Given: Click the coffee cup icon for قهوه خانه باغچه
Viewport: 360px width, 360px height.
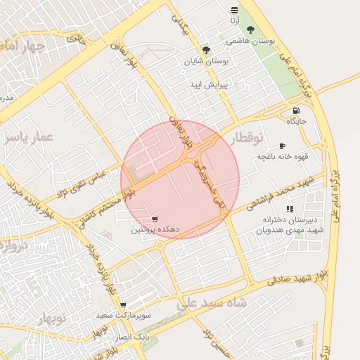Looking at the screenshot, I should (283, 146).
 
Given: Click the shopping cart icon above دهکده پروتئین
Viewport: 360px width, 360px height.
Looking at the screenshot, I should (155, 219).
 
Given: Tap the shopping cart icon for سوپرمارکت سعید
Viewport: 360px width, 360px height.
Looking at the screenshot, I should (123, 305).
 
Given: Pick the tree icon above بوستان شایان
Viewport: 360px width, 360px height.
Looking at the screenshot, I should (206, 50).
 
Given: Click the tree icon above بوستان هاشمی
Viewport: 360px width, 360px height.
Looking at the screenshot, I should (250, 30).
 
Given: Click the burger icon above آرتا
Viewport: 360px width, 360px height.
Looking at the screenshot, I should (234, 10).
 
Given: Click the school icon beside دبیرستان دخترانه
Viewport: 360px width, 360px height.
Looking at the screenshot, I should (290, 209).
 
